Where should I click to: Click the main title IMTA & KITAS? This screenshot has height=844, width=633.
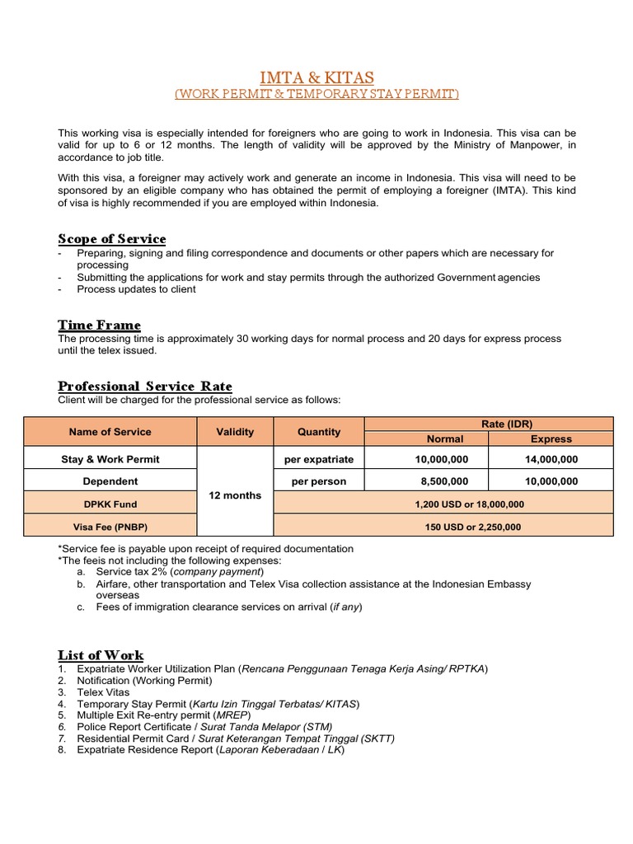point(316,77)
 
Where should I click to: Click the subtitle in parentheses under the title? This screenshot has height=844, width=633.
point(316,95)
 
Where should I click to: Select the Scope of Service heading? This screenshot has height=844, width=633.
point(111,239)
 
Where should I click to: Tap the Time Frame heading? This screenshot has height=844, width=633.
point(99,325)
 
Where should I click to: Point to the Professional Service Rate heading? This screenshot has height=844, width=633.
point(145,386)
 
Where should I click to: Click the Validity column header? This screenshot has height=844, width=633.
point(235,432)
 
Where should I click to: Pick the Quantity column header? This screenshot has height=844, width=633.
point(318,432)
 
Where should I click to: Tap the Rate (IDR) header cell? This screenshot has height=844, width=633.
point(489,424)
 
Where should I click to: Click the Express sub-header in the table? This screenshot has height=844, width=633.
point(551,439)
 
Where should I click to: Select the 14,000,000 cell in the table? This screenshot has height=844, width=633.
point(551,459)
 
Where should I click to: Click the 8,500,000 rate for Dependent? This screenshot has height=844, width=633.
point(426,481)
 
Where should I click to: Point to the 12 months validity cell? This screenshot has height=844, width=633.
point(235,495)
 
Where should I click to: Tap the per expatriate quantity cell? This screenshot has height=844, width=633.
point(318,459)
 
